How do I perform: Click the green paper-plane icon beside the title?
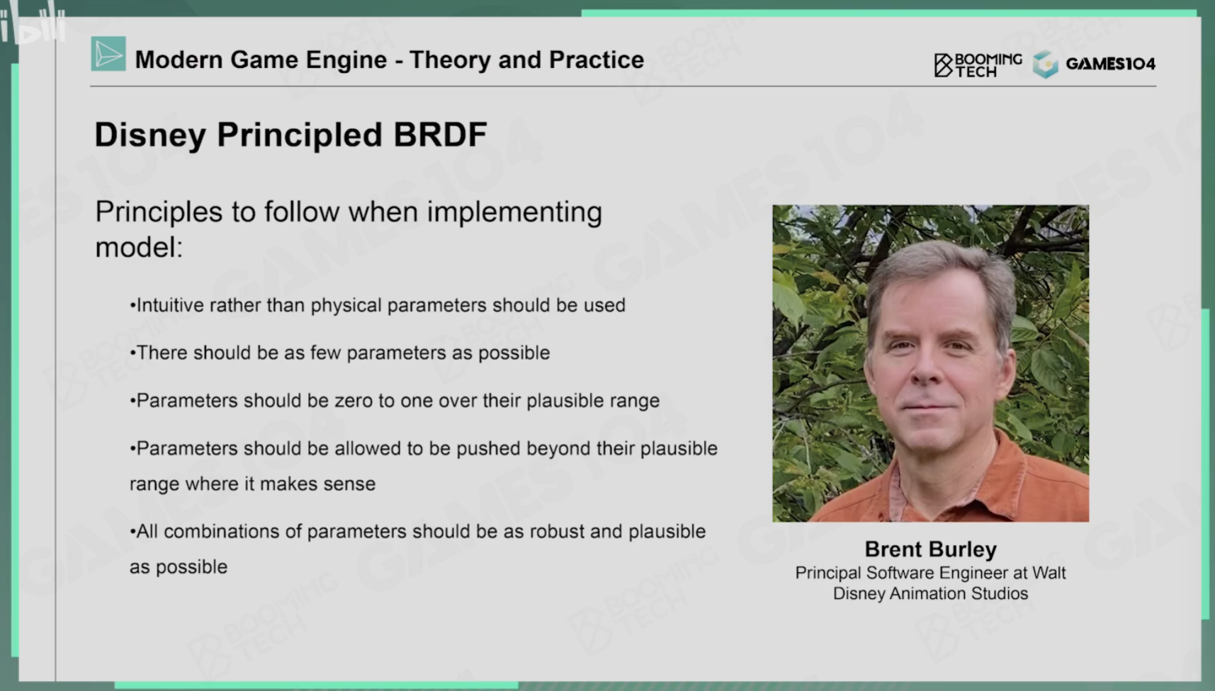tap(108, 54)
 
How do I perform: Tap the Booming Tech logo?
tap(978, 64)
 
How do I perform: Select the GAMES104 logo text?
tap(1110, 64)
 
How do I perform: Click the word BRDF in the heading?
tap(440, 135)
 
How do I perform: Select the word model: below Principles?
tap(139, 247)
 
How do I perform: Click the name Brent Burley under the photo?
tap(930, 549)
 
